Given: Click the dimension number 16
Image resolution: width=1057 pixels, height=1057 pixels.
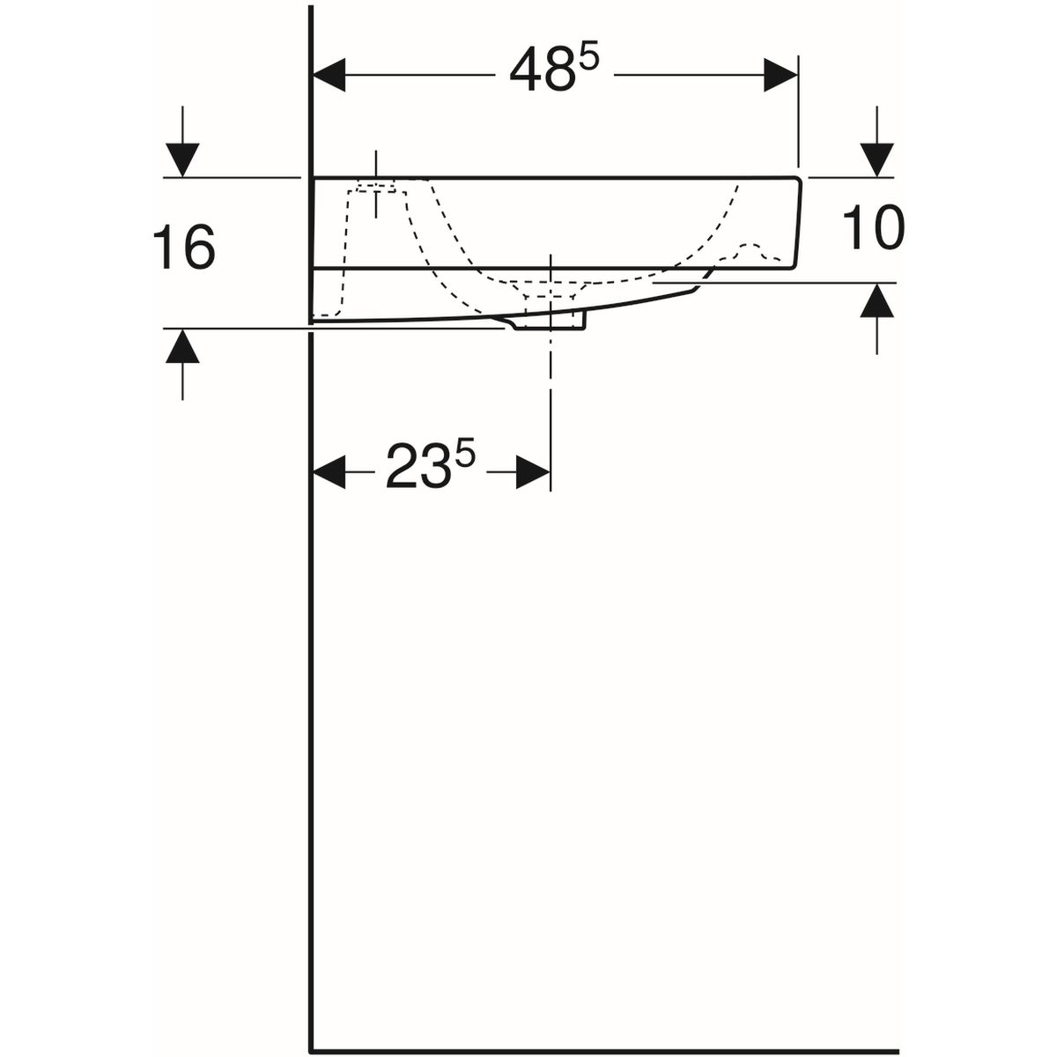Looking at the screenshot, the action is pos(184,248).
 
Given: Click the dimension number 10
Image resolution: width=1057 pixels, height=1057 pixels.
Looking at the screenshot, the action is pos(873,227).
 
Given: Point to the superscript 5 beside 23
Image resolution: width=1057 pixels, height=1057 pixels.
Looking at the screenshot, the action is pos(466,457).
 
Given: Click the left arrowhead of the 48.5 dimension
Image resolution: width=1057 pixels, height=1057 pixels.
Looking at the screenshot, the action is pos(329,75).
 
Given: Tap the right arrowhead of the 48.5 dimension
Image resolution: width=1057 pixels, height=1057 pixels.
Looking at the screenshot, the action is pos(781,75).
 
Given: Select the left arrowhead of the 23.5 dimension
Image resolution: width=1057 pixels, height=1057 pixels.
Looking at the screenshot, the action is pos(329,472).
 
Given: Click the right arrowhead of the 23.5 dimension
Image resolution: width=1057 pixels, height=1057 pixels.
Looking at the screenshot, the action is pos(533,472).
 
